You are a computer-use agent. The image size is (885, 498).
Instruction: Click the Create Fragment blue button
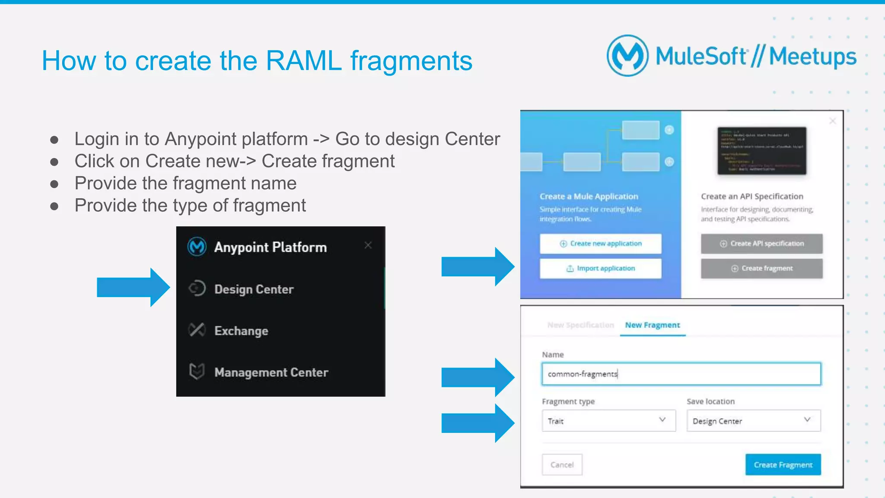[x=783, y=465]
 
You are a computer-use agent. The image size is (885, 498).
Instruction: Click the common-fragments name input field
[x=681, y=374]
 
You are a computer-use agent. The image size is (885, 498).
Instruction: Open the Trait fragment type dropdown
[x=608, y=421]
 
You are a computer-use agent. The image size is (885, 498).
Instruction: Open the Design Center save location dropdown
[x=753, y=421]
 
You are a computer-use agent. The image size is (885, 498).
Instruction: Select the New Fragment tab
[x=652, y=325]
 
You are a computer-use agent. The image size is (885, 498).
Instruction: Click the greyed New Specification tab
[x=580, y=325]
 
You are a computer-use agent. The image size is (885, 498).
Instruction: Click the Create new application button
[x=600, y=244]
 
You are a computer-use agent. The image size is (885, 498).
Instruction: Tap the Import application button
[x=600, y=269]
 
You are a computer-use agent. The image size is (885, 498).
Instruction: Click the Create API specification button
[x=761, y=244]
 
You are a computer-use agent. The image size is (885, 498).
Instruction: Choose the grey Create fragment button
[x=761, y=269]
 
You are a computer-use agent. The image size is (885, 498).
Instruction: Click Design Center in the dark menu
[x=254, y=289]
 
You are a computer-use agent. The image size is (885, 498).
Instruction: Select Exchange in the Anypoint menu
[x=241, y=331]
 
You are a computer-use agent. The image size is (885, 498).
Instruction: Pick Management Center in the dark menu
[x=271, y=372]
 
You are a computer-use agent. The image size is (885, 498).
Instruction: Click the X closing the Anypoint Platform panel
[x=368, y=245]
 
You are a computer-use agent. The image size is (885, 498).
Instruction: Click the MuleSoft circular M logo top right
[x=627, y=56]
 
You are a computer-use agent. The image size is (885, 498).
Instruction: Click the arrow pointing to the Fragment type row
[x=478, y=423]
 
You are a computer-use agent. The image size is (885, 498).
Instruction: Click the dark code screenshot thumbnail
[x=761, y=151]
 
